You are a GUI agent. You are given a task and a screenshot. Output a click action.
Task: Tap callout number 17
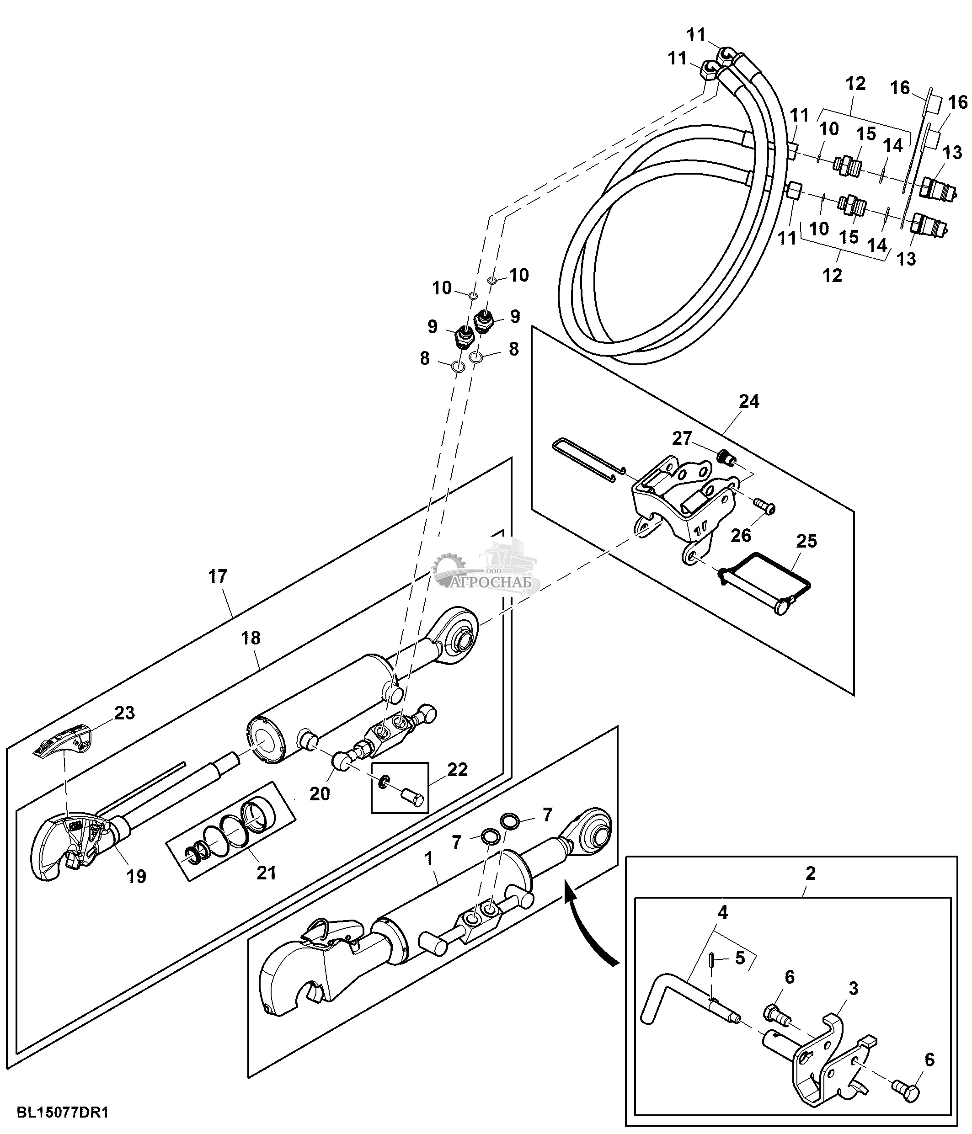tap(217, 576)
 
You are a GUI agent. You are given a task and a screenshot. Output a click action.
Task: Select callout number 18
tap(251, 638)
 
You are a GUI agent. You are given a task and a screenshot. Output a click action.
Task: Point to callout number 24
tap(749, 401)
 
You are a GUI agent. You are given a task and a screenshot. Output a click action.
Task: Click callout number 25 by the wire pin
tap(806, 541)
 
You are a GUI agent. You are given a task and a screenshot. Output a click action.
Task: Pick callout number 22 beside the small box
tap(457, 770)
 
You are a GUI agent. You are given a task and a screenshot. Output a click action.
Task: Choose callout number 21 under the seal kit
tap(266, 873)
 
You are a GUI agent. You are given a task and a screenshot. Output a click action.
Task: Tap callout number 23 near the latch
tap(124, 713)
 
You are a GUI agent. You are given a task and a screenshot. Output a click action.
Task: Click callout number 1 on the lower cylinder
tap(429, 859)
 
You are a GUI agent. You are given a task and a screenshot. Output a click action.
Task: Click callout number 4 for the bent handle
tap(723, 912)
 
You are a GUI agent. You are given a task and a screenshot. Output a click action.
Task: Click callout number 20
tap(320, 793)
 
